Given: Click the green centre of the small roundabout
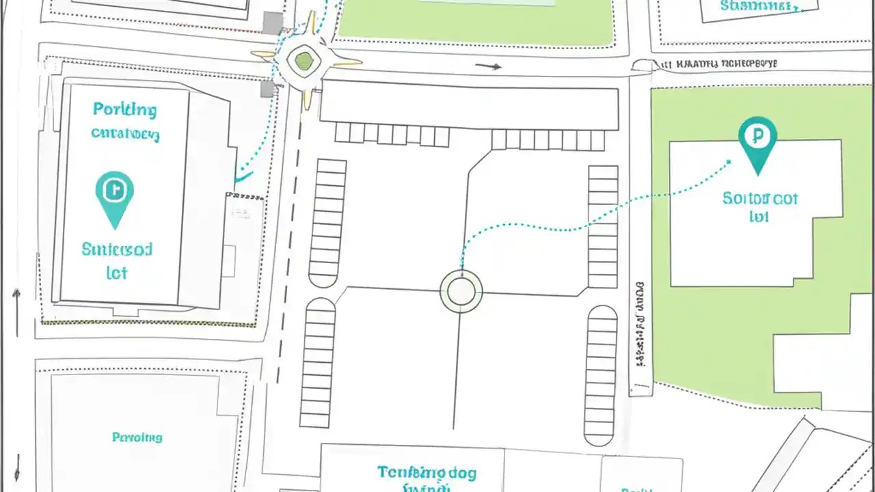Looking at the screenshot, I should (x=304, y=61).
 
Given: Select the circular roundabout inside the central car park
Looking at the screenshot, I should (x=461, y=291).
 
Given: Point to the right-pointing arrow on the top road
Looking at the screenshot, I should (x=489, y=66).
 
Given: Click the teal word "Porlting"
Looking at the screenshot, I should (x=124, y=109).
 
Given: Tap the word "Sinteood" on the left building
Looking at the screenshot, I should (x=117, y=249).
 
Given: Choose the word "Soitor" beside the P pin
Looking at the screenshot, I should (x=745, y=199).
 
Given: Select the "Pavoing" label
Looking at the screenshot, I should (x=137, y=437).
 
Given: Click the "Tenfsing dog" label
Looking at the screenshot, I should (x=427, y=472).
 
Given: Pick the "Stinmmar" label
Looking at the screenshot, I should (x=759, y=7).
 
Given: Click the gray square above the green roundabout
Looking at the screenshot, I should (x=273, y=23).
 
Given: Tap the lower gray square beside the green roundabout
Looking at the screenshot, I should (x=267, y=88).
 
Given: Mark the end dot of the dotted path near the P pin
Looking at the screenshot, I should (x=729, y=162).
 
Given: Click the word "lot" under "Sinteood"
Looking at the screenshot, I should (x=117, y=273).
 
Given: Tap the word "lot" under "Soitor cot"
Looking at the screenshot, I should (x=759, y=217).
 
